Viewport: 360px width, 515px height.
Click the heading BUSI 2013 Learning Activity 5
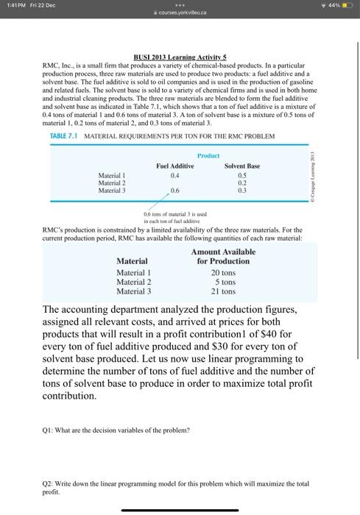179,57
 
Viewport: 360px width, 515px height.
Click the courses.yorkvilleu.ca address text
180,13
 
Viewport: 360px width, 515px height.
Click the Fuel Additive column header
174,166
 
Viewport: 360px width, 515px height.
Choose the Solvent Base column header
241,166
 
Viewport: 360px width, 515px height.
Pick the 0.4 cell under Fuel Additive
174,175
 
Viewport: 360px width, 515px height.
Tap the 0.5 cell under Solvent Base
241,175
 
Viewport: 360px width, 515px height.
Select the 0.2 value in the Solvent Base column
241,182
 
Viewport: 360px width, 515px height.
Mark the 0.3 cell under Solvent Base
241,190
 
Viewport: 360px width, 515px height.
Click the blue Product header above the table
208,155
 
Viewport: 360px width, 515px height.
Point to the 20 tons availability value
223,273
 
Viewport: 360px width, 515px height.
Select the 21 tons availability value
223,291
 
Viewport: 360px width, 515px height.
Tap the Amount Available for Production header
223,257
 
